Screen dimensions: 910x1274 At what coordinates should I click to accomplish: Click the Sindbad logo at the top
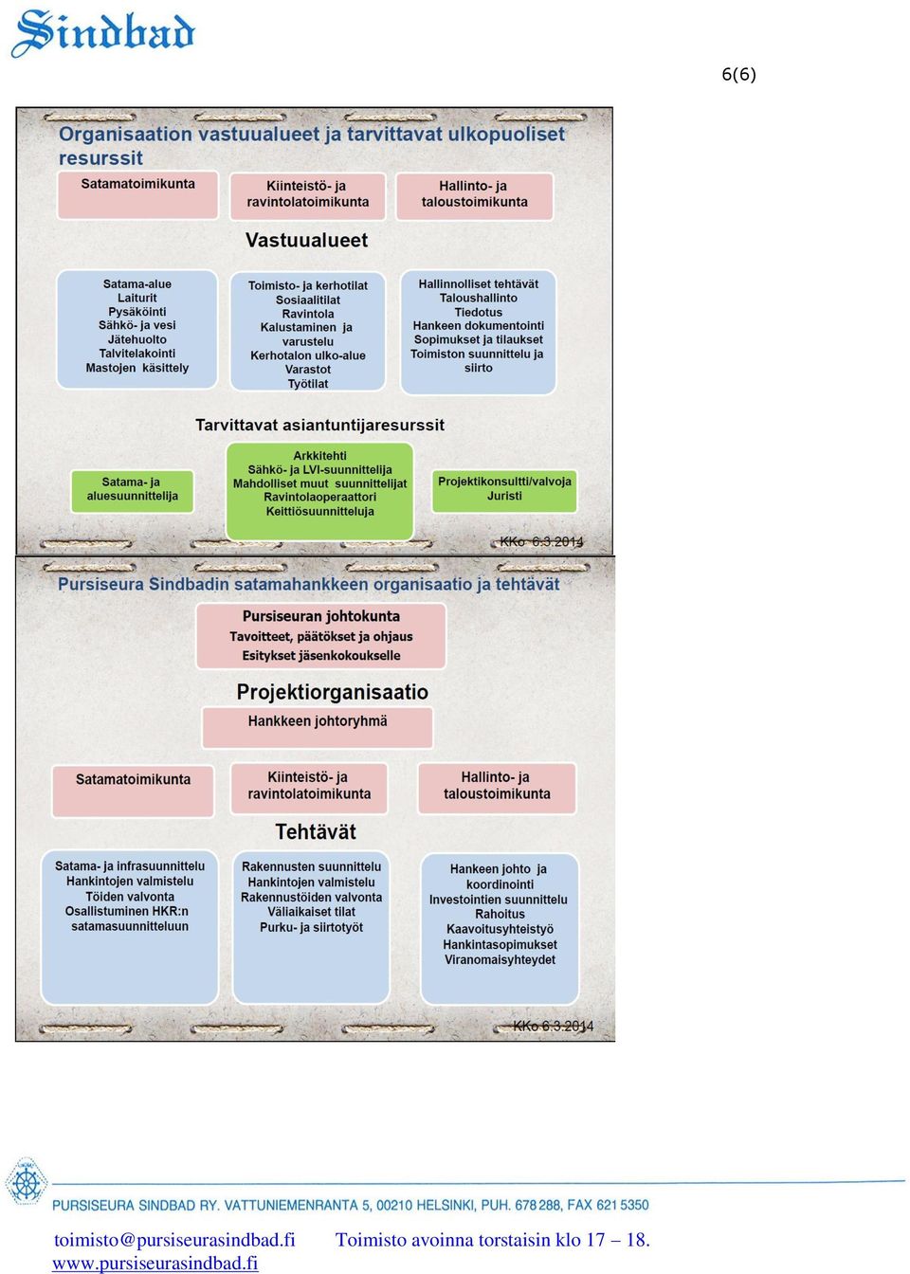coord(103,33)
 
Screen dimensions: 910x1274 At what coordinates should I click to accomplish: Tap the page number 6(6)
coord(738,74)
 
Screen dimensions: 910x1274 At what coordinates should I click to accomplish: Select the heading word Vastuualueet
coord(306,240)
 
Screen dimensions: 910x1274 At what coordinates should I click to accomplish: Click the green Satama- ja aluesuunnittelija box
coord(132,491)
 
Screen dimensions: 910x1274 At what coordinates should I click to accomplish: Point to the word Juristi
coord(504,496)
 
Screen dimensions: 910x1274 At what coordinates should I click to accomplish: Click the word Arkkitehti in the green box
coord(319,456)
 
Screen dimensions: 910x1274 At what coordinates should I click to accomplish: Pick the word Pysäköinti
coord(137,312)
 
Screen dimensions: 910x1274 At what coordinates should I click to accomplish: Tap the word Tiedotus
coord(478,312)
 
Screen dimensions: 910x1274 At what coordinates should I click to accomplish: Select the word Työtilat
coord(308,384)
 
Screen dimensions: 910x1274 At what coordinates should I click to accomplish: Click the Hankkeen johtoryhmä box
coord(318,727)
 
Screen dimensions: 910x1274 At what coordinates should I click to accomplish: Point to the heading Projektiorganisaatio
coord(332,692)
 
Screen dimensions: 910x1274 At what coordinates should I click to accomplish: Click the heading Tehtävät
coord(316,832)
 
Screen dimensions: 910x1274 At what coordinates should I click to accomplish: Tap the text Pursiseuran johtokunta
coord(320,616)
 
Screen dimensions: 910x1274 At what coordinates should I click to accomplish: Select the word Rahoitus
coord(500,914)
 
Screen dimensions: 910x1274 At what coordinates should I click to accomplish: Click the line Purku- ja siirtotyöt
coord(311,928)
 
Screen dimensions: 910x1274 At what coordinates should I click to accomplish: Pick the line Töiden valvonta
coord(130,897)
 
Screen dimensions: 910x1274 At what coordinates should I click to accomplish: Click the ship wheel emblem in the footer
coord(26,1181)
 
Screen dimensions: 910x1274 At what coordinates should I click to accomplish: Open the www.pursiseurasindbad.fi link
coord(155,1264)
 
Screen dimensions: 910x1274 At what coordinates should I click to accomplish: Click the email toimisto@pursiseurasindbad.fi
coord(174,1239)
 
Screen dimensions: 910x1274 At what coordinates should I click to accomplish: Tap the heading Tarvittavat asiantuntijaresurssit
coord(319,425)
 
